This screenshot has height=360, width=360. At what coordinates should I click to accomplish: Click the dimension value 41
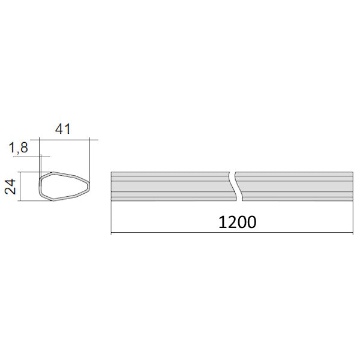[x=63, y=129]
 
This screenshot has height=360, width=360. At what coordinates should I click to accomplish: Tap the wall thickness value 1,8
[x=19, y=148]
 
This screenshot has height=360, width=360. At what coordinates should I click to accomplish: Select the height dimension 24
[x=11, y=187]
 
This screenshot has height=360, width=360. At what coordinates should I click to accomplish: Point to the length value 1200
[x=237, y=222]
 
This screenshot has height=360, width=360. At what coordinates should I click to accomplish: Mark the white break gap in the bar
[x=236, y=187]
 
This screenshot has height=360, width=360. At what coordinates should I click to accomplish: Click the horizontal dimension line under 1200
[x=232, y=233]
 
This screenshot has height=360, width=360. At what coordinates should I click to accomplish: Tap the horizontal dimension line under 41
[x=64, y=140]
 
